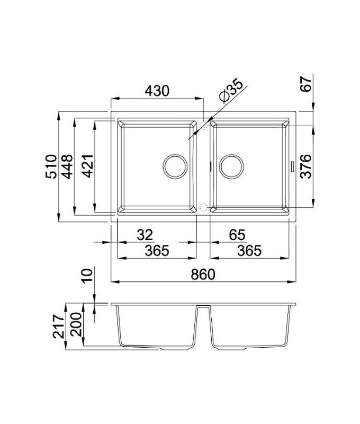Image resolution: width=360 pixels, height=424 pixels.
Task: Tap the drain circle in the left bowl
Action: point(175,166)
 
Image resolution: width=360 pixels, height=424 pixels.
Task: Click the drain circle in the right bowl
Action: point(231,166)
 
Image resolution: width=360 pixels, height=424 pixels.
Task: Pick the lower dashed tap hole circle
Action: point(204,207)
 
